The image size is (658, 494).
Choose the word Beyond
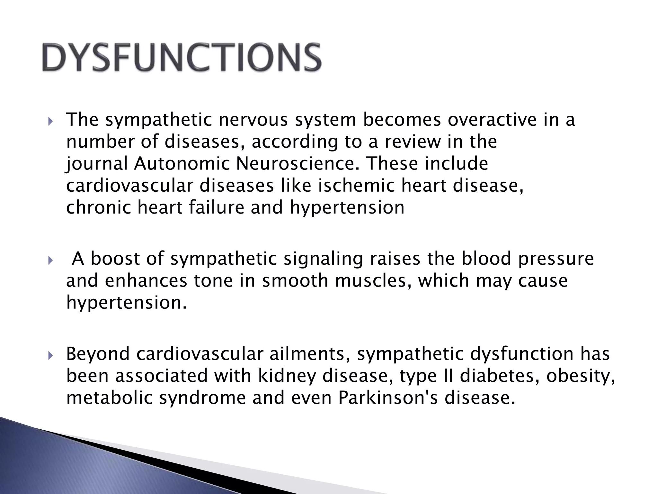(x=97, y=354)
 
